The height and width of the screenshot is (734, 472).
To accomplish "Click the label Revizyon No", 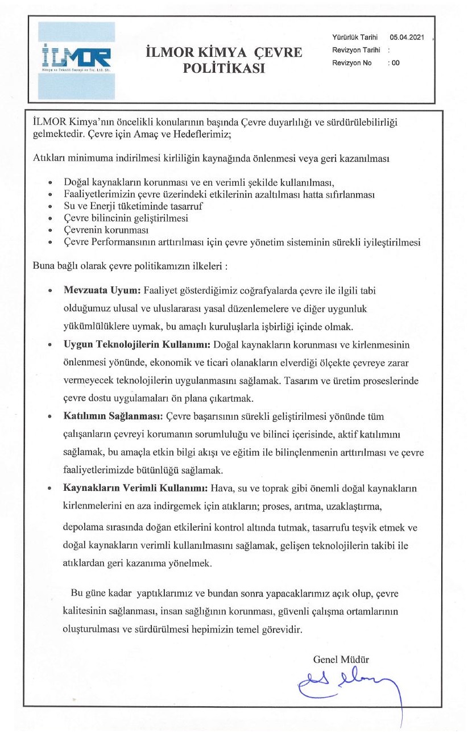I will click(351, 63).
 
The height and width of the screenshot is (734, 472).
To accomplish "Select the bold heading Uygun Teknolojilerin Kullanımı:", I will click(137, 345).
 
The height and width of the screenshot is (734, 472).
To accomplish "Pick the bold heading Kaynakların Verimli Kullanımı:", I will click(136, 489).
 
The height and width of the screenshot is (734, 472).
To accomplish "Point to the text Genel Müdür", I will click(341, 660).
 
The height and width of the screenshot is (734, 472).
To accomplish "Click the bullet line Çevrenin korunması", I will click(106, 230).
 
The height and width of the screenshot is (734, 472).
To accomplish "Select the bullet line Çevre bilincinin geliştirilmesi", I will click(126, 218).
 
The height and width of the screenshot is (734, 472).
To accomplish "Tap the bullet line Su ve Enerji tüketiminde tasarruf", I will click(134, 206).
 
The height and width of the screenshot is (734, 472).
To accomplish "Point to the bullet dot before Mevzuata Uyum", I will click(51, 291).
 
